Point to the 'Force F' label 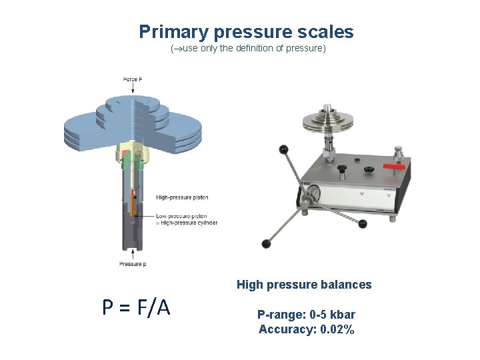coord(132,79)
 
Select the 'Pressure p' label coord(133,264)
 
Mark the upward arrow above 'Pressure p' coord(133,254)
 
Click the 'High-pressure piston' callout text coord(182,197)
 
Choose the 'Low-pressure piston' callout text coord(181,216)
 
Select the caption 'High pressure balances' coord(304,285)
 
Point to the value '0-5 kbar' coord(332,314)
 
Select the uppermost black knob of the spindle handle coord(283,149)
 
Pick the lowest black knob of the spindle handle coord(267,244)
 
